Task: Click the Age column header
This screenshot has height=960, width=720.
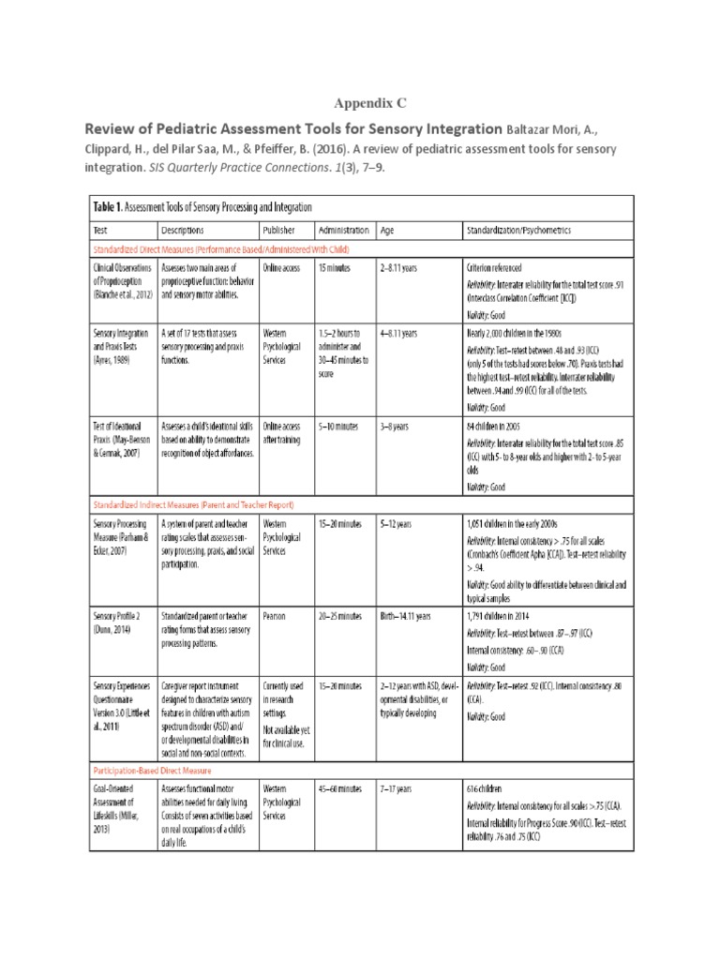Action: tap(388, 229)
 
